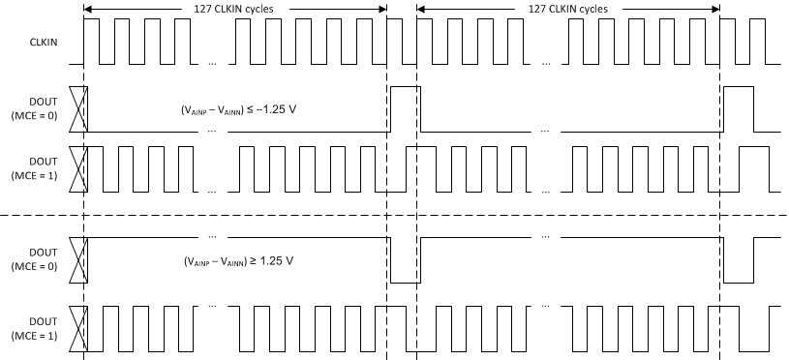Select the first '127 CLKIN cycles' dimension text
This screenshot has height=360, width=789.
233,8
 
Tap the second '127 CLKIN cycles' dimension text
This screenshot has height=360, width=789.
568,8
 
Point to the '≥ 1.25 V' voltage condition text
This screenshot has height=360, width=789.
238,261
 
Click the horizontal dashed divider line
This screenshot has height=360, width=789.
387,215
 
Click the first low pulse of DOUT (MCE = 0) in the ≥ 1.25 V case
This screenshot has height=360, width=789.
405,260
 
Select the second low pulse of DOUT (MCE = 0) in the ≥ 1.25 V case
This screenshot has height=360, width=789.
739,260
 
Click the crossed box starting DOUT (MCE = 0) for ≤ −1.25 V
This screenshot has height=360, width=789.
80,108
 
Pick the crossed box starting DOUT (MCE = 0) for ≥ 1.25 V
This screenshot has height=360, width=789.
80,260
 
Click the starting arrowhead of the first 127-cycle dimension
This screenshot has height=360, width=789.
89,9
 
